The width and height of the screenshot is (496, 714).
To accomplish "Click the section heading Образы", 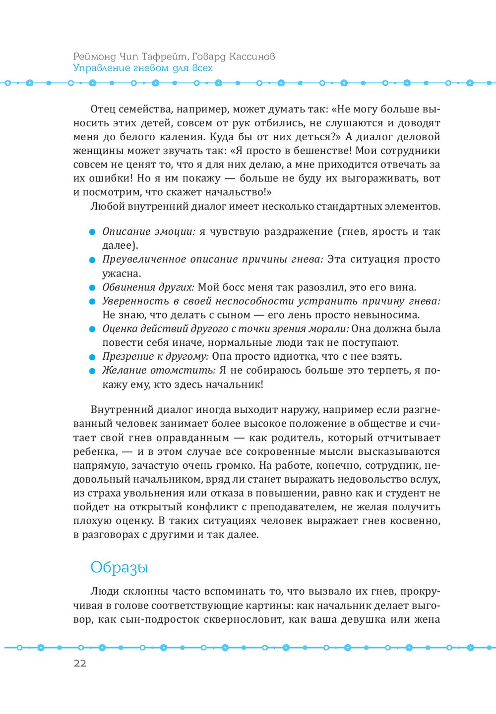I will tap(119, 567).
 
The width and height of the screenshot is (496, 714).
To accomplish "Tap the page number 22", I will tap(80, 663).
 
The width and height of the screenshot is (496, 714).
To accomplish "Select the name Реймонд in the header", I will tap(94, 56).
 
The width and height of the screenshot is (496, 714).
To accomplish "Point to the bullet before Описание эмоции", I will tap(92, 232).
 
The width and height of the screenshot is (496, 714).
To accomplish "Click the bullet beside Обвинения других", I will tap(92, 288).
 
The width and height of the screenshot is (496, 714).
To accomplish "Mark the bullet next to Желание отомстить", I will tap(92, 371).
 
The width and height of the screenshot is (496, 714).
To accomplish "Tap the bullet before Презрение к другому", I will tap(92, 357).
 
